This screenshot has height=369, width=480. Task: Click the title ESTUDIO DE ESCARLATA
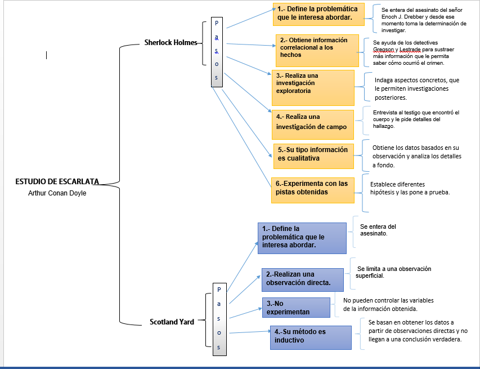click(x=57, y=181)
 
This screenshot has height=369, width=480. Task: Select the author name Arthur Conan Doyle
click(x=57, y=193)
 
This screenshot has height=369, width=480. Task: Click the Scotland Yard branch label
click(x=172, y=322)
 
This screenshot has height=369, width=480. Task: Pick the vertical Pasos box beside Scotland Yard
click(x=219, y=318)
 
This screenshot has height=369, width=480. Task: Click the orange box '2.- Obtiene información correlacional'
click(x=317, y=50)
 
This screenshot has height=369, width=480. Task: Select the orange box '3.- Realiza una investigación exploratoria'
click(x=313, y=87)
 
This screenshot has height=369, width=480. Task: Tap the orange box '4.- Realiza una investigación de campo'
click(x=312, y=124)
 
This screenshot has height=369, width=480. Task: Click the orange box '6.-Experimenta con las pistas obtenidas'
click(x=312, y=190)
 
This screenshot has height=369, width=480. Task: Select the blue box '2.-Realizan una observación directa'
click(x=302, y=279)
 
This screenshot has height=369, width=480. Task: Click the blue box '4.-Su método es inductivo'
click(x=310, y=337)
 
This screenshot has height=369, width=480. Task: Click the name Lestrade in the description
click(x=415, y=50)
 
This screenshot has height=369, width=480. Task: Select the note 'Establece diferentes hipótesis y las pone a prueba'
click(x=410, y=188)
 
